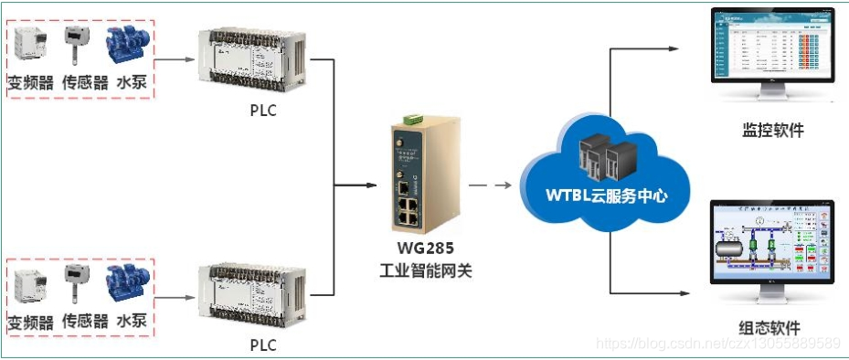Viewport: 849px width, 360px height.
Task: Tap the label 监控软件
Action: (772, 130)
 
